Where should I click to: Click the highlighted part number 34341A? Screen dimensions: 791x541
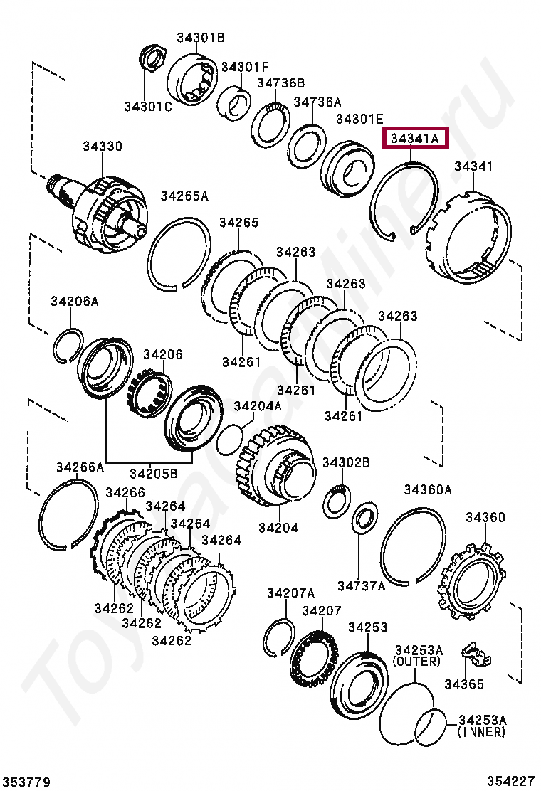416,138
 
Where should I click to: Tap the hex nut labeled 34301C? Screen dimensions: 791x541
152,58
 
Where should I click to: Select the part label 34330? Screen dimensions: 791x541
102,147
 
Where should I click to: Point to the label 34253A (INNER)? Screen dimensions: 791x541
482,726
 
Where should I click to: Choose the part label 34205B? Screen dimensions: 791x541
153,473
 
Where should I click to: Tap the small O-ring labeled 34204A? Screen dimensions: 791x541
229,437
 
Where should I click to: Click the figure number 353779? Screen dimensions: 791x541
26,782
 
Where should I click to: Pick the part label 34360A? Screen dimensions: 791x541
428,489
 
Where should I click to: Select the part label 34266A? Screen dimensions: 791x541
80,467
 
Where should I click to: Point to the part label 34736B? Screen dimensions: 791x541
280,83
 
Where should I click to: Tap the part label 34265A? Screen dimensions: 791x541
184,196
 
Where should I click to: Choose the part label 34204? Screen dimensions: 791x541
278,528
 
